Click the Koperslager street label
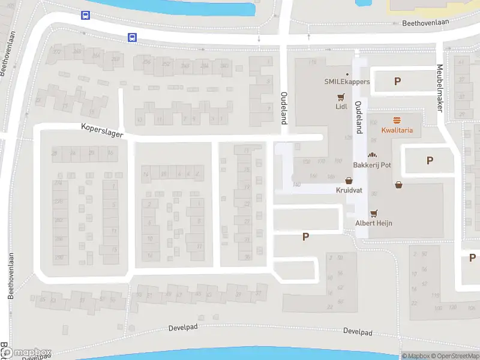tap(102, 130)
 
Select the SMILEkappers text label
tap(347, 82)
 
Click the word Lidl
tap(341, 107)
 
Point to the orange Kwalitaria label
tap(397, 130)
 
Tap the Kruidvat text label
tap(349, 190)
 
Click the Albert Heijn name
tap(374, 223)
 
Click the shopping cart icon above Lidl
tap(341, 97)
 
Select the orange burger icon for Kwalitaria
tap(397, 120)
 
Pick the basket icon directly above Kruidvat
tap(349, 180)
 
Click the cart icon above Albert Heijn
tap(374, 212)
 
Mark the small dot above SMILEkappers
tap(347, 74)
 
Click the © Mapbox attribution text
tap(416, 356)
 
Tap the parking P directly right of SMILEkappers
tap(397, 81)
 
